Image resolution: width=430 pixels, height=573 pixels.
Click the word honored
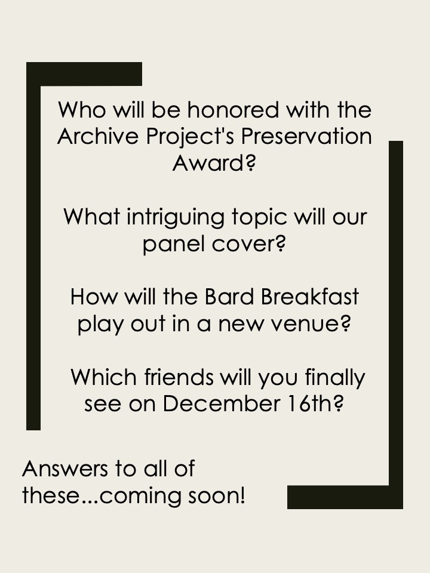coord(234,109)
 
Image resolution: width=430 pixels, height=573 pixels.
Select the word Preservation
coord(306,136)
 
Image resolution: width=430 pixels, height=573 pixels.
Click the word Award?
coord(214,162)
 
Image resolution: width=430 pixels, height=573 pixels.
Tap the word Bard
coord(229,297)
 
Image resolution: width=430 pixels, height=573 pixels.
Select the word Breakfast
coord(310,297)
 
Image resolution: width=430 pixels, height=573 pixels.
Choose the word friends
coord(179,377)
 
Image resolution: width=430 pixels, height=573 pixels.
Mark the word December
coord(221,403)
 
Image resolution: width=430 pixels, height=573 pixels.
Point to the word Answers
coord(65,469)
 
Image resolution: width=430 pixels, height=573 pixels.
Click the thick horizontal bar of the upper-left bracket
coord(84,74)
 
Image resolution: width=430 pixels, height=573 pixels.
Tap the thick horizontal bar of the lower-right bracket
coord(345,497)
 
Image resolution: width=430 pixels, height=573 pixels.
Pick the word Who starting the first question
coord(82,109)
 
